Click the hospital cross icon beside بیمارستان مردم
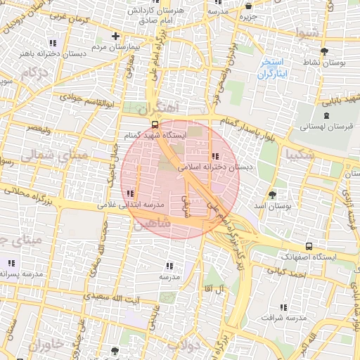[x=116, y=36]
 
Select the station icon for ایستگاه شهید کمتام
[x=155, y=124]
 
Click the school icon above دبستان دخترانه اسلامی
[x=214, y=156]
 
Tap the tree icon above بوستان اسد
[x=273, y=195]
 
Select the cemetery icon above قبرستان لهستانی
[x=325, y=116]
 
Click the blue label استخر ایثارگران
[x=274, y=68]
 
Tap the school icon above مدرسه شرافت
[x=283, y=307]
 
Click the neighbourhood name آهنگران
[x=159, y=109]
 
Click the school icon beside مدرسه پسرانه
[x=11, y=263]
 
